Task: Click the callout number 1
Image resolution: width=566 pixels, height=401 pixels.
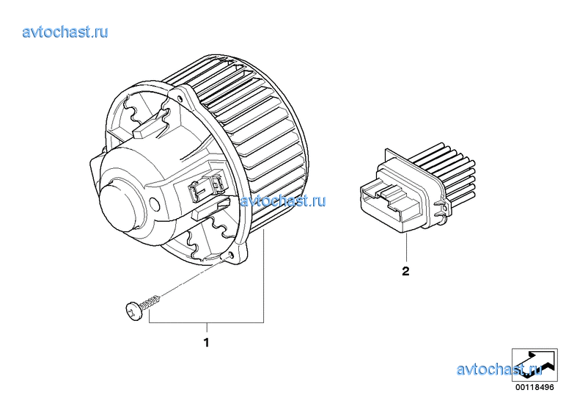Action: (x=207, y=342)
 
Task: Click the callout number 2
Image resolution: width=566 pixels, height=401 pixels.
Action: (x=405, y=271)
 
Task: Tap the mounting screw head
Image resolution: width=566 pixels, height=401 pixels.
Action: (x=133, y=311)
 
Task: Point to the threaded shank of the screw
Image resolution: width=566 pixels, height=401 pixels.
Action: (x=150, y=303)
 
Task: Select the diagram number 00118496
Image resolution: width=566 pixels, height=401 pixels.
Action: (x=534, y=387)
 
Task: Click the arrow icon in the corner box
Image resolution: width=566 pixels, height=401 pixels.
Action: (x=534, y=364)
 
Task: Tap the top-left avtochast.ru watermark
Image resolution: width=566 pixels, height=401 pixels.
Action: (x=65, y=32)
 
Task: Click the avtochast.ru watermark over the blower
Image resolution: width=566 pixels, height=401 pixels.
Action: (x=283, y=201)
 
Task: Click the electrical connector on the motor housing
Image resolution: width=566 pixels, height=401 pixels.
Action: (x=205, y=186)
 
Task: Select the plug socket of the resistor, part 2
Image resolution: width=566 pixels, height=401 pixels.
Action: (x=390, y=203)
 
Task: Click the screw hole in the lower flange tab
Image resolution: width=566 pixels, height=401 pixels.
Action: (x=231, y=256)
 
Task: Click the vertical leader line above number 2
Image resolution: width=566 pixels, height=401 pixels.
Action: (x=406, y=248)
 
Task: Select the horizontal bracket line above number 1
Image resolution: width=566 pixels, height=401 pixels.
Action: (x=207, y=322)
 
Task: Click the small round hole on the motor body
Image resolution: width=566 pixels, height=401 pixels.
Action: (x=155, y=205)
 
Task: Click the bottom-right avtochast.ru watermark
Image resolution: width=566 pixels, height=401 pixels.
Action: (x=499, y=369)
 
